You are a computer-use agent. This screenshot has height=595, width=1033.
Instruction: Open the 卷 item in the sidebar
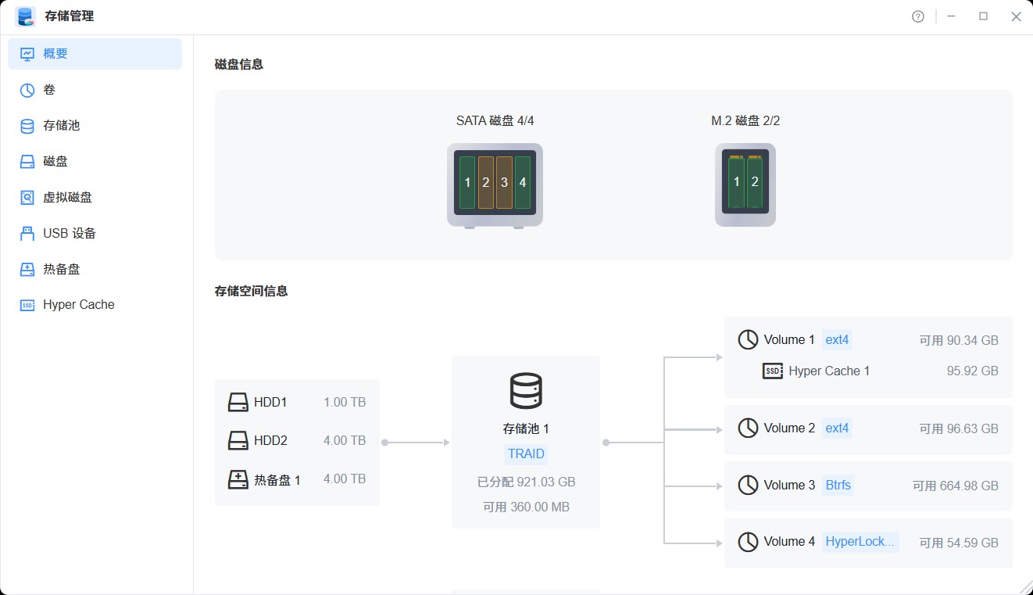coord(49,90)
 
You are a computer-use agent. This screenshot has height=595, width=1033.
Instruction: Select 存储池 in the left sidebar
coord(61,126)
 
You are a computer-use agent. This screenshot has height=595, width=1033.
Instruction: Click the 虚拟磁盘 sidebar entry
coord(67,198)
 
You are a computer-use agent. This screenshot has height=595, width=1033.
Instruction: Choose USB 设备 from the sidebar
coord(70,234)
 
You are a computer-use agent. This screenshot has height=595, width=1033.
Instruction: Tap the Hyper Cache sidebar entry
coord(78,305)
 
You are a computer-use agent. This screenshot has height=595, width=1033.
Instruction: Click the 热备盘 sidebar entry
coord(61,270)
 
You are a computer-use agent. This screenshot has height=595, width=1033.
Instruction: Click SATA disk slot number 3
coord(504,183)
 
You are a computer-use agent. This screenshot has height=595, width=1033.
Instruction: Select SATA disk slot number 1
coord(467,183)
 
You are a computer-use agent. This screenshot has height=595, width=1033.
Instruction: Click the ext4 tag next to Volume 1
coord(837,340)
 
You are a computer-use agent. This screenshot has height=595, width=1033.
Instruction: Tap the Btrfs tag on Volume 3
coord(838,486)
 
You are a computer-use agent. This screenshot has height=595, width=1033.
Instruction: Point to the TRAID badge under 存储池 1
coord(526,454)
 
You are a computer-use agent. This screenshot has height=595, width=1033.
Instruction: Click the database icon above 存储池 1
coord(526,391)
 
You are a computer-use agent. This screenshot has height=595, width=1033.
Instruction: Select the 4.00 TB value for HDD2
coord(345,441)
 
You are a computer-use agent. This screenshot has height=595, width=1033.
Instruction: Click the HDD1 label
coord(270,403)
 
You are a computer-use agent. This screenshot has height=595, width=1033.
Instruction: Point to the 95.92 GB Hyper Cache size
coord(972,371)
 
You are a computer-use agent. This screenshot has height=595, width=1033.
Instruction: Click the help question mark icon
coord(918,16)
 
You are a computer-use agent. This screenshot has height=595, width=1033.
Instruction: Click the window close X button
coord(1016,16)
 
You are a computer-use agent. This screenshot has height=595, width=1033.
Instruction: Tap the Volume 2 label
coord(789,428)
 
